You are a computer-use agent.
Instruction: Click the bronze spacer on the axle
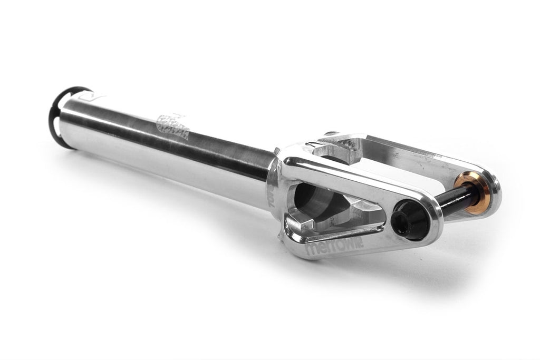[x=473, y=193]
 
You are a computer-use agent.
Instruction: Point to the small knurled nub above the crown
[x=331, y=134]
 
